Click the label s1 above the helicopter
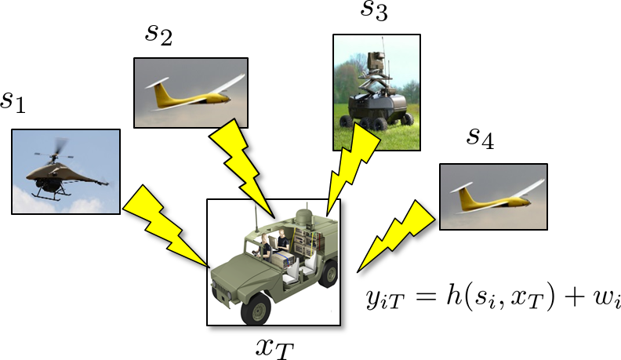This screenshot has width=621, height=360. (13, 101)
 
